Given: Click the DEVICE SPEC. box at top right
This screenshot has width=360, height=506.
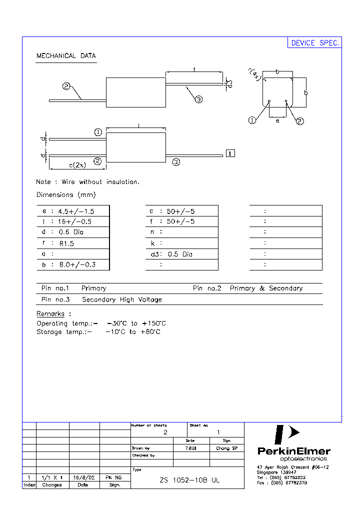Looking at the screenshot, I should point(315,43).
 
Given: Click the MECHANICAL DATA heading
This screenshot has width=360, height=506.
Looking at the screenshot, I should point(66,56).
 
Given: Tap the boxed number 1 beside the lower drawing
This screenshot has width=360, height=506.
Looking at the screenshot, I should point(230,153).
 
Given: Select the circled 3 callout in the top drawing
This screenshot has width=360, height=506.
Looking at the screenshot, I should point(198,99).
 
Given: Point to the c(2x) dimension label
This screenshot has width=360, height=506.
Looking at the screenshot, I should point(77,165).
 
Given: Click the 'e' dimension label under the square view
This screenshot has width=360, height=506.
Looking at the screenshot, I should point(277,120).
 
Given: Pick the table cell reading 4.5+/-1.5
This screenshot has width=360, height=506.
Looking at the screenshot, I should point(75,210).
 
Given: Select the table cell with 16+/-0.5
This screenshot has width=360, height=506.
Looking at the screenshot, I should point(75,221).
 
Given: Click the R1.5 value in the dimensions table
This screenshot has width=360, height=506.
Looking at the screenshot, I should point(66,243).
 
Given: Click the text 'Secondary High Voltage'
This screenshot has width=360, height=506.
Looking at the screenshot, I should point(122,299).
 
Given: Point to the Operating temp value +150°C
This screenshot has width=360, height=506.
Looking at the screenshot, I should point(154,323).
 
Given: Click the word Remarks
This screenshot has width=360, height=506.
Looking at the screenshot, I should point(50,314).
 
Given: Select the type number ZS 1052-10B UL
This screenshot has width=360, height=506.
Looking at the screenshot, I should point(189,480).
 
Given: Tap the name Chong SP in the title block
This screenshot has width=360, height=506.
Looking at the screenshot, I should point(226,448).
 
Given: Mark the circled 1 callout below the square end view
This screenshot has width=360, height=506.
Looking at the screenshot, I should point(252,120).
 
